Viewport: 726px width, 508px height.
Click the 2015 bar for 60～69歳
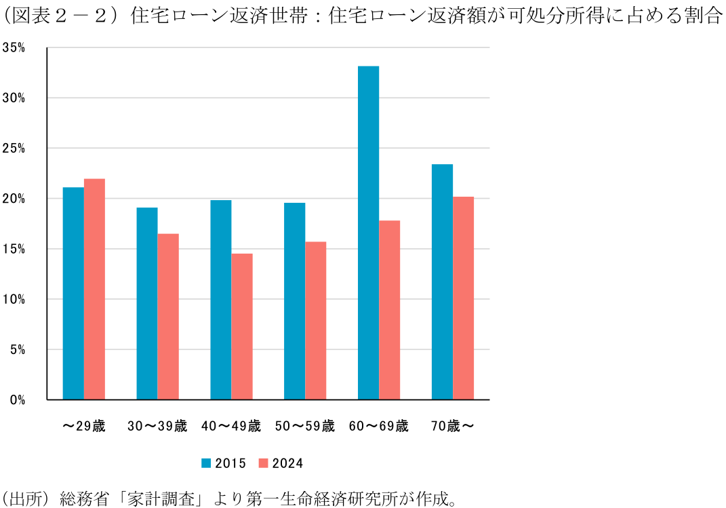(x=368, y=233)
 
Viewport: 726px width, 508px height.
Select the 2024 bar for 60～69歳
(x=390, y=310)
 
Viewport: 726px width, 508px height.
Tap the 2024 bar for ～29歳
(x=94, y=289)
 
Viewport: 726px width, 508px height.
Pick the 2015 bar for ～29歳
(x=73, y=293)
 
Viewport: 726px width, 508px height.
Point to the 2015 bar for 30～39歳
(x=147, y=303)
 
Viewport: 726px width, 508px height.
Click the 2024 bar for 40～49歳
(x=242, y=326)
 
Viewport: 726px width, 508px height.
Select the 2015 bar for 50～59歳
(x=294, y=301)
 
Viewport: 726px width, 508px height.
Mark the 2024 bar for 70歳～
(x=464, y=298)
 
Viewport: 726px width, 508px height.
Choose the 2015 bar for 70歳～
(x=442, y=281)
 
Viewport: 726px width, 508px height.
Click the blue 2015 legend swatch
(x=206, y=463)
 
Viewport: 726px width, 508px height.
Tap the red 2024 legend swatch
(x=264, y=463)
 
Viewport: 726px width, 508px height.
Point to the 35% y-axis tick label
(x=14, y=47)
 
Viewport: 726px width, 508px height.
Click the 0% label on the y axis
(x=18, y=400)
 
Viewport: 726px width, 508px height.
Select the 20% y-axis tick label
(x=14, y=199)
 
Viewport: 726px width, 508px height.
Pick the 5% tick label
(x=18, y=350)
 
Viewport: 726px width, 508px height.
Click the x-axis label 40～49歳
(x=231, y=427)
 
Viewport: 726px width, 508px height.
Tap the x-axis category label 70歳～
(x=452, y=427)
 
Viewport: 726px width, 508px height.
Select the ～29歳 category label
(x=83, y=427)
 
